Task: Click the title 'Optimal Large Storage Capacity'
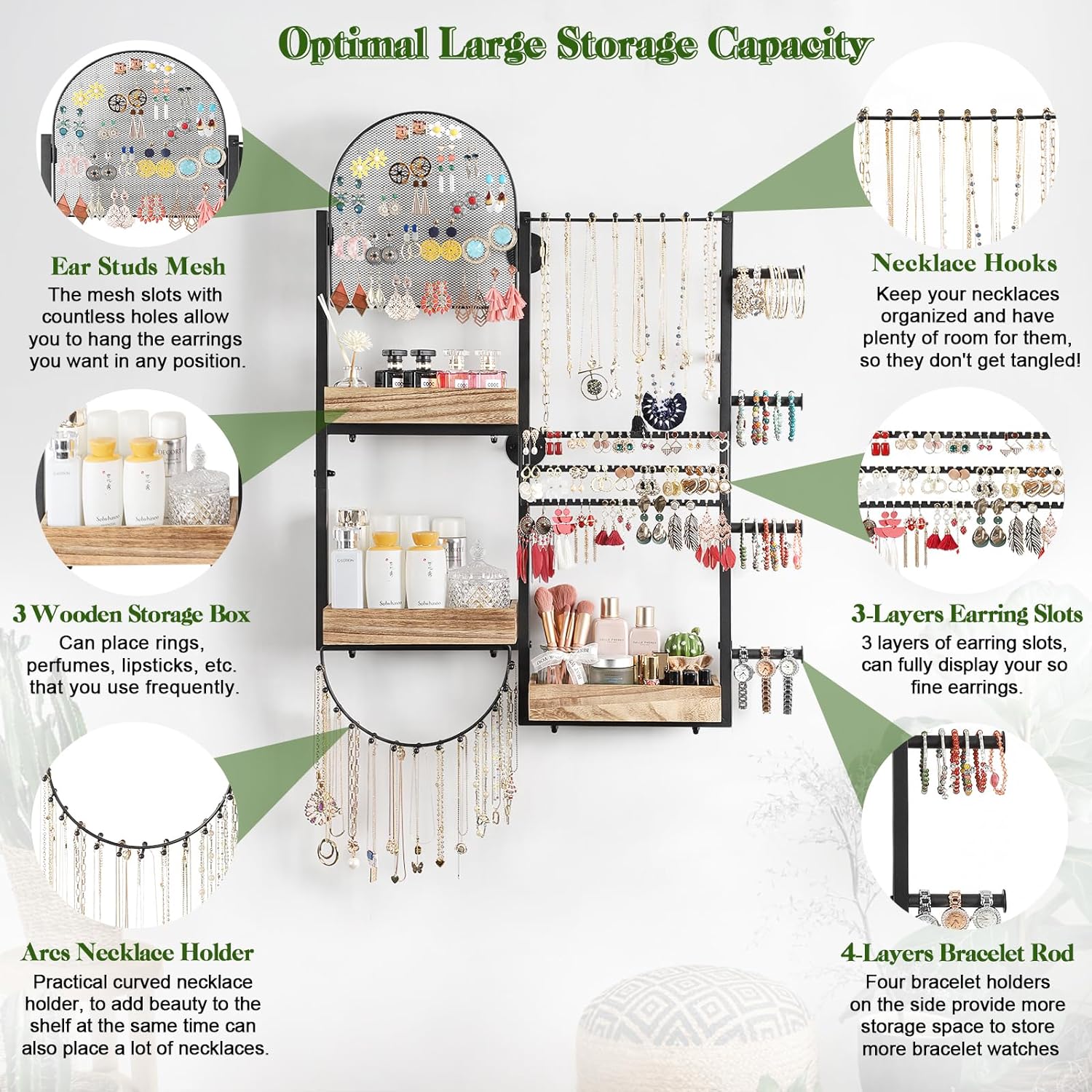click(x=575, y=45)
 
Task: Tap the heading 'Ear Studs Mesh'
click(x=138, y=266)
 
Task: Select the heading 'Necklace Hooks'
click(x=964, y=263)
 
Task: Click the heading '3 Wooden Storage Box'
click(x=131, y=614)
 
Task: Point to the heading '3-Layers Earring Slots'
click(x=967, y=614)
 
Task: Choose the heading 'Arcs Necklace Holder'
click(x=138, y=952)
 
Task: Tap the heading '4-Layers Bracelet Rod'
click(x=957, y=953)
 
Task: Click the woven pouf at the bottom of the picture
click(x=692, y=1034)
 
